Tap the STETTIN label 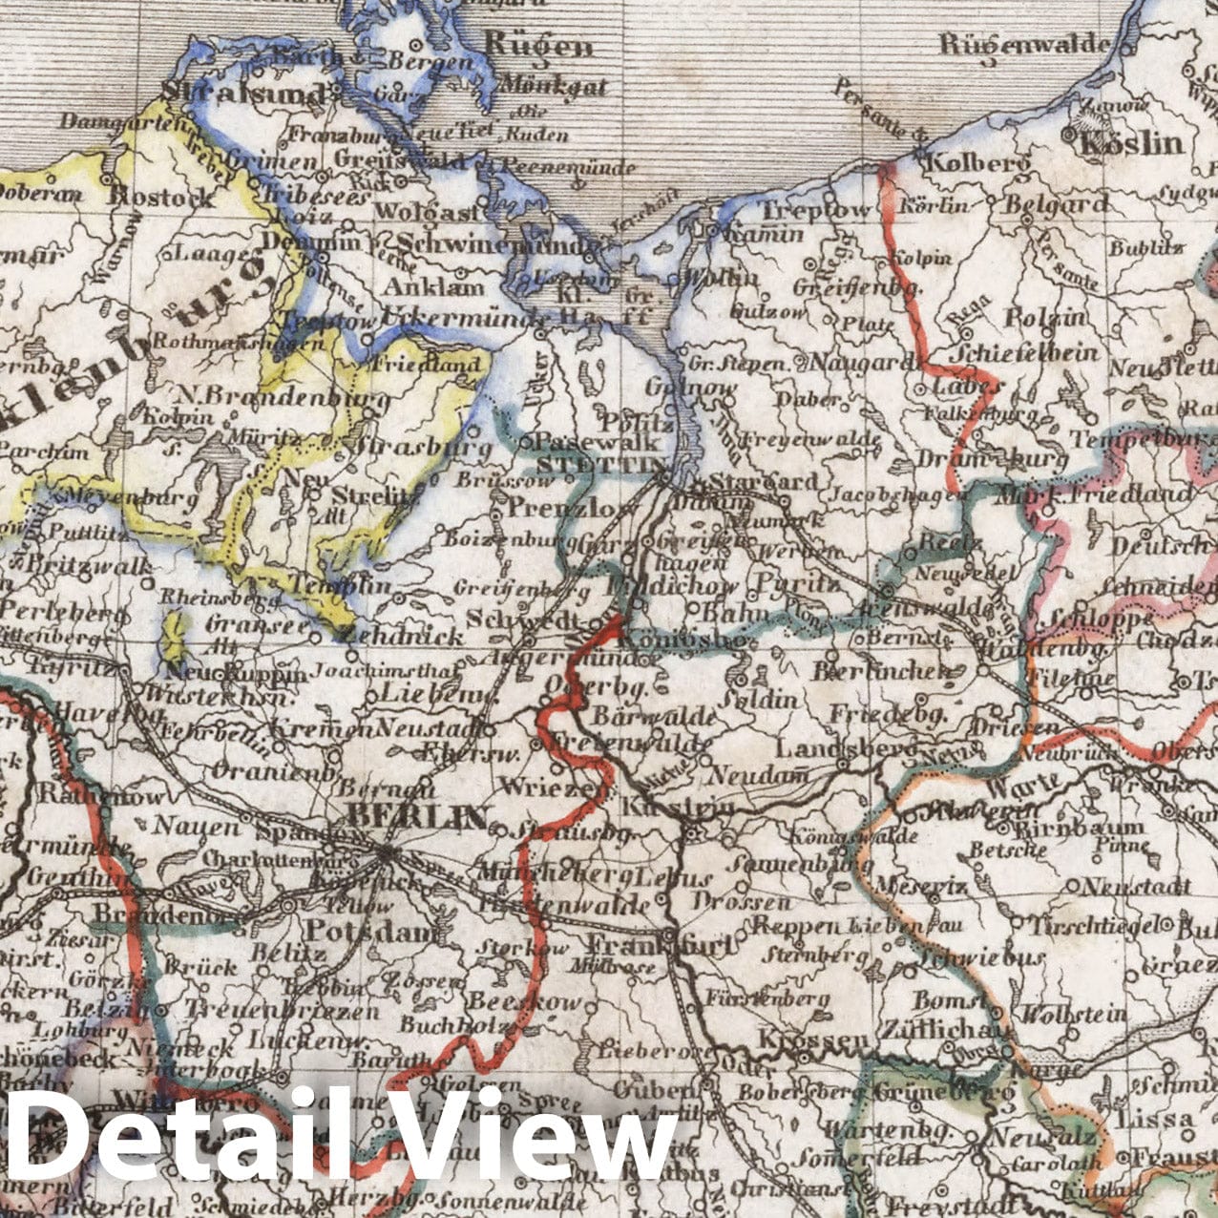point(601,465)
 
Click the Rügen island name point(538,44)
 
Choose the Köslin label point(1130,144)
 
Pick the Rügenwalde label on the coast point(1025,44)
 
